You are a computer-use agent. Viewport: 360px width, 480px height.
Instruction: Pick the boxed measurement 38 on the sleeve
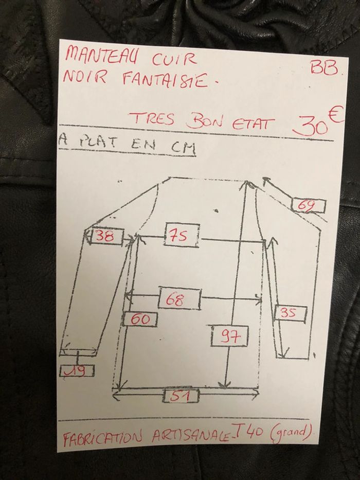[106, 238]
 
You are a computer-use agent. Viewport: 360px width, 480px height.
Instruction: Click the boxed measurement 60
[140, 319]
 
